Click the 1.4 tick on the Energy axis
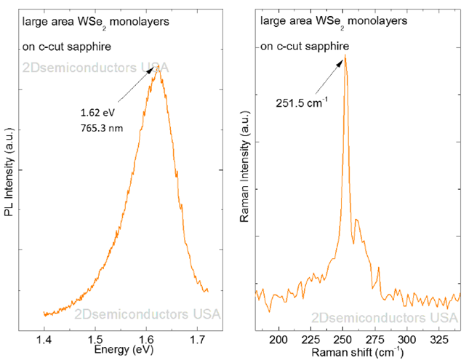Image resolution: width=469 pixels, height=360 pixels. pos(44,339)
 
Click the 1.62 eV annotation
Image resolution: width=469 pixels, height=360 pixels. pos(97,113)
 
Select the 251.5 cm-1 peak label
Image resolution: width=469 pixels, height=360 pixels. pos(300,103)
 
